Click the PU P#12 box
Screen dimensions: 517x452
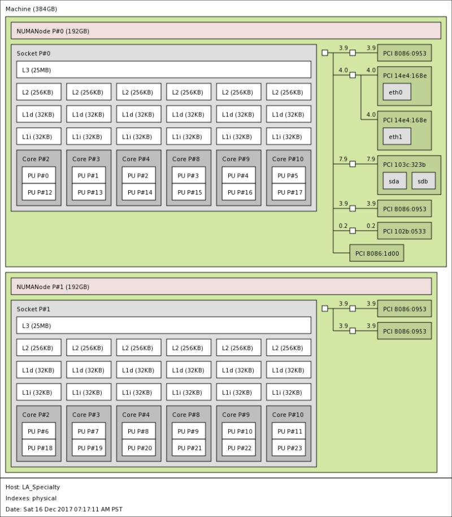(x=39, y=192)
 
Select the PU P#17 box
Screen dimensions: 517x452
(x=289, y=192)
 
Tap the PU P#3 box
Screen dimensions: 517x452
(x=189, y=175)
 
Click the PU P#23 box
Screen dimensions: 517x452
(x=289, y=448)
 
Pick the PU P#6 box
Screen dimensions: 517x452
(x=39, y=431)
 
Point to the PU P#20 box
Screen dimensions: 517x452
(x=139, y=448)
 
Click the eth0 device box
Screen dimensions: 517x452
(x=397, y=92)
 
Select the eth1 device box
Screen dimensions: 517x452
(x=397, y=136)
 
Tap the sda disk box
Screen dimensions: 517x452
(x=395, y=181)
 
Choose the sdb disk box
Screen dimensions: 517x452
(x=423, y=181)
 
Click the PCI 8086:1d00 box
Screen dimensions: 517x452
(x=377, y=253)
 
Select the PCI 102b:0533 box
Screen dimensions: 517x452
(x=404, y=231)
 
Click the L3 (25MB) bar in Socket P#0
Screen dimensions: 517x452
(x=164, y=70)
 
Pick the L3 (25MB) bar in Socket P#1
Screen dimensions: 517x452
(x=164, y=325)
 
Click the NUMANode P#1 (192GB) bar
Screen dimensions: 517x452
(x=221, y=286)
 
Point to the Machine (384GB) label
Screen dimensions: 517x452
(x=31, y=9)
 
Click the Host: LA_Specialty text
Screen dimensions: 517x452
(x=33, y=487)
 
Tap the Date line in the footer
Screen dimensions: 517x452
(x=64, y=509)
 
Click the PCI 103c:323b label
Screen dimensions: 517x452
(x=405, y=165)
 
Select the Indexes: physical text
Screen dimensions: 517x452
(x=31, y=498)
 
